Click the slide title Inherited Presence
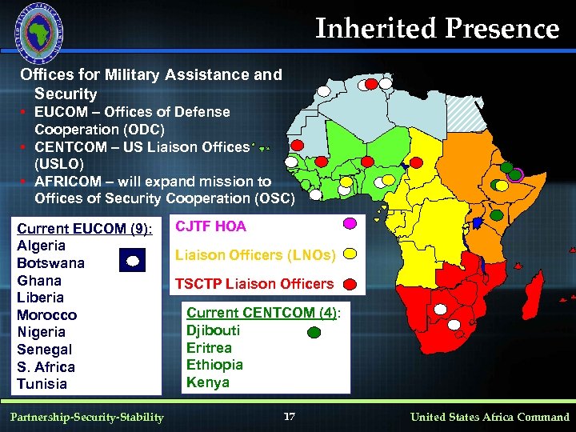(437, 29)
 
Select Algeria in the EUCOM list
(41, 246)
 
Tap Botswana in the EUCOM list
(50, 263)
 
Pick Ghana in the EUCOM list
(38, 281)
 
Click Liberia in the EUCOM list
(40, 298)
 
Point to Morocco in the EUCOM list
(46, 315)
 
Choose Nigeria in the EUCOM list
(41, 332)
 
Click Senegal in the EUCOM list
(44, 350)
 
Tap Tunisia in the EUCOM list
(42, 384)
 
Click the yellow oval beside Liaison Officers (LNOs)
(350, 254)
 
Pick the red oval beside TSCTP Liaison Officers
(350, 284)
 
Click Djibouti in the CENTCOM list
(213, 330)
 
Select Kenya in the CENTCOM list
(207, 382)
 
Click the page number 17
(290, 416)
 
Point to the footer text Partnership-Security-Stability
(88, 417)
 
